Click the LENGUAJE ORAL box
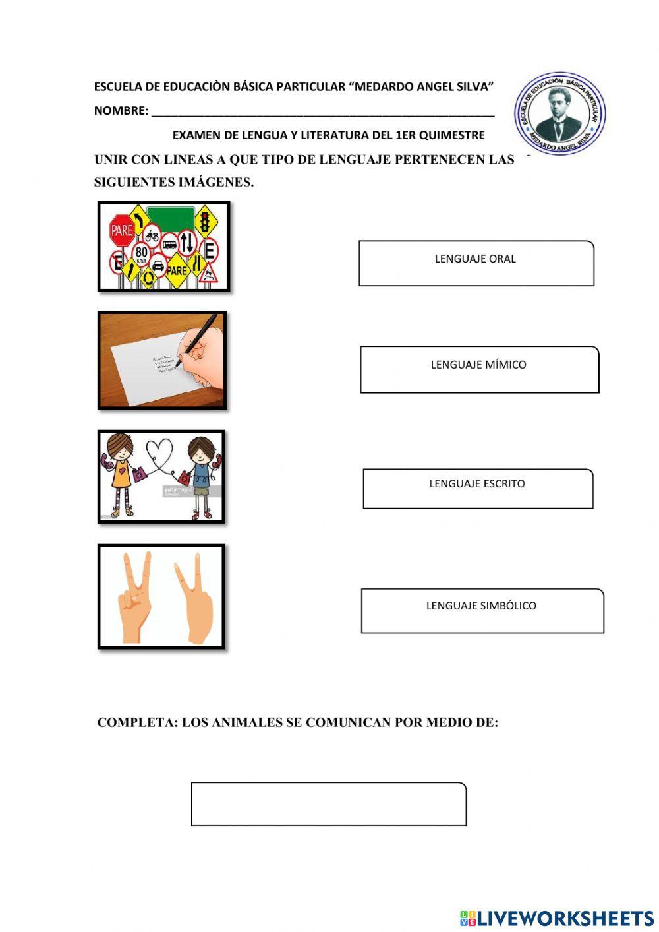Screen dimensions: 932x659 tap(476, 263)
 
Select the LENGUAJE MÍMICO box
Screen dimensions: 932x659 tap(479, 369)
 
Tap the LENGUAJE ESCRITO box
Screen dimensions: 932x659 tap(478, 489)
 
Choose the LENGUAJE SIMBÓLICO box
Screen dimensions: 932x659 tap(482, 611)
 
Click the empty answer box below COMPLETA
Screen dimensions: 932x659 tap(328, 804)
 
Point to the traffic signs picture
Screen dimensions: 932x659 tap(163, 247)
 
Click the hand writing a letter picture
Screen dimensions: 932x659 tap(162, 361)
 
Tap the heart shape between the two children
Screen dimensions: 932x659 tap(159, 451)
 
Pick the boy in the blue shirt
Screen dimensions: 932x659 tap(201, 474)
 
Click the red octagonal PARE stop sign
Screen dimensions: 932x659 tap(122, 230)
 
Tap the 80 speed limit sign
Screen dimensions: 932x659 tap(142, 252)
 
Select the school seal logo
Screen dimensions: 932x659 tap(559, 113)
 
